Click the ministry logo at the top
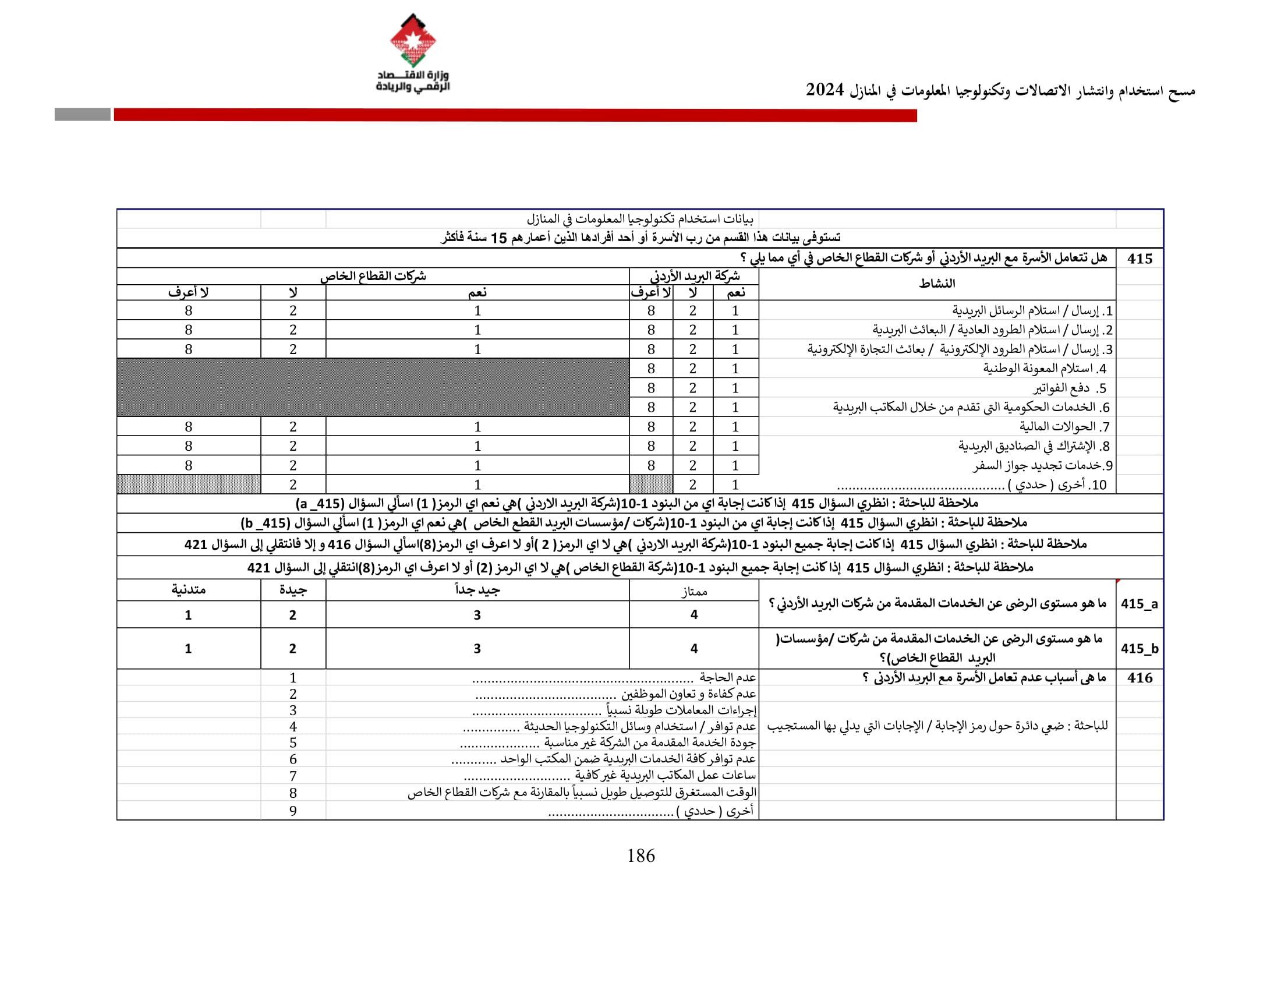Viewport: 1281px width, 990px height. tap(413, 53)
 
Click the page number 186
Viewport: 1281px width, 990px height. tap(640, 855)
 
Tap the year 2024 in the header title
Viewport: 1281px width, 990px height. tap(824, 90)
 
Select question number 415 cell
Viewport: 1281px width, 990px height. tap(1139, 258)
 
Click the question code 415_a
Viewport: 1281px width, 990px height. tap(1139, 603)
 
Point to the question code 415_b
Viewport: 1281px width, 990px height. tap(1139, 648)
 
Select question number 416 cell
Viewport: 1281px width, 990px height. tap(1139, 677)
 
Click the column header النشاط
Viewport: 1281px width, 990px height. tap(937, 284)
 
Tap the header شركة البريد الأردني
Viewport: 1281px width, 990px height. tap(695, 276)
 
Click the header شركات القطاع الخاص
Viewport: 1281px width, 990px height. tap(373, 276)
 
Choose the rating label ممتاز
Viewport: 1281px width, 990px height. tap(694, 591)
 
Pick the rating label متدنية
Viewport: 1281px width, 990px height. tap(188, 589)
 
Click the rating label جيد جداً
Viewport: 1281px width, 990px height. tap(477, 590)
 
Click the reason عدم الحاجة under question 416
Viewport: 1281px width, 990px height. tap(727, 677)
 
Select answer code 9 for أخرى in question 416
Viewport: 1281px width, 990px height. tap(293, 811)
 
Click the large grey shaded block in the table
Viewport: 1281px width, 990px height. tap(373, 387)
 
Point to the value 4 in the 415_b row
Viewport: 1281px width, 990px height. tap(694, 648)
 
